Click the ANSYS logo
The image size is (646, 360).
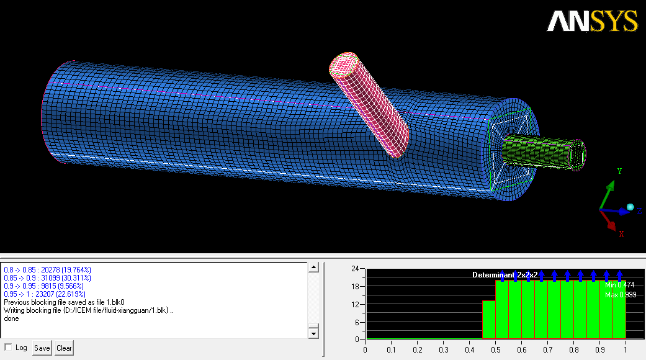tap(592, 21)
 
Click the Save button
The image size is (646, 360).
tap(42, 348)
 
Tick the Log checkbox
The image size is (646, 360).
tap(8, 347)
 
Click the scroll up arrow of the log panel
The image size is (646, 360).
tap(313, 268)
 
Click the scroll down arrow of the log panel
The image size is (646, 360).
tap(313, 333)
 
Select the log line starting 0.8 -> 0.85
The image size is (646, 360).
tap(47, 270)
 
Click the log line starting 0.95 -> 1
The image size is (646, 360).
tap(45, 294)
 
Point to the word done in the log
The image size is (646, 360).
tap(12, 318)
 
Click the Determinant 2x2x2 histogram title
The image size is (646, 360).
tap(505, 275)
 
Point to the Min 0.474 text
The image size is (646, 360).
tap(620, 285)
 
